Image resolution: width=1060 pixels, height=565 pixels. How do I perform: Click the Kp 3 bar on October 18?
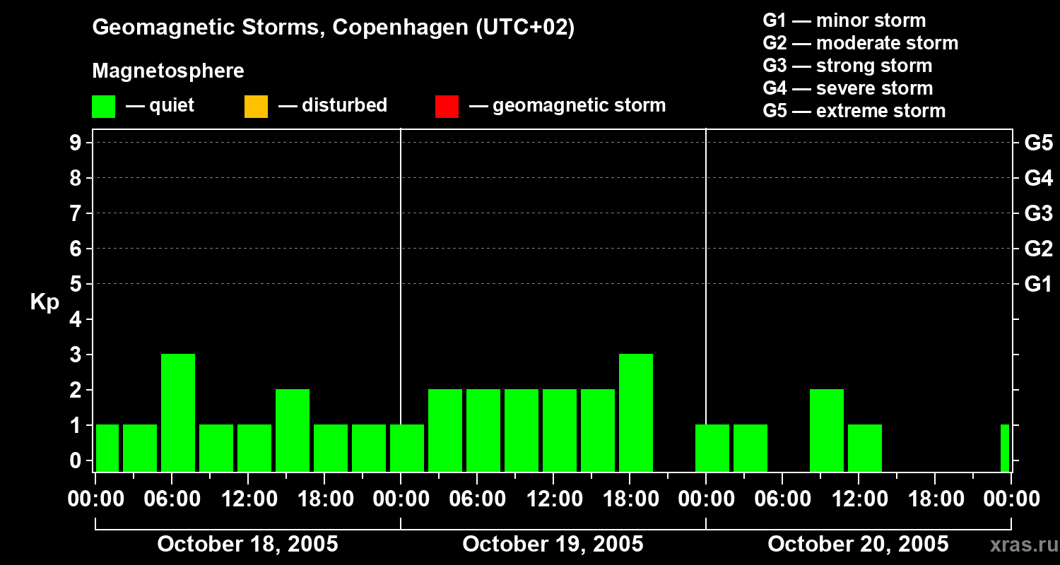point(178,412)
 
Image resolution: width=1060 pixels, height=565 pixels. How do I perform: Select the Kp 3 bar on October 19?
point(636,412)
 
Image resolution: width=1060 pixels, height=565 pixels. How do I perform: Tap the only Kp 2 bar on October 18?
point(293,430)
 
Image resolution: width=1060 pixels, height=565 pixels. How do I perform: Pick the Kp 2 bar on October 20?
point(827,430)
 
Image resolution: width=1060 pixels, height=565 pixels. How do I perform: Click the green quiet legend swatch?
point(104,107)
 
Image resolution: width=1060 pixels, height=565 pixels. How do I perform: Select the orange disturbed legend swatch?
point(256,107)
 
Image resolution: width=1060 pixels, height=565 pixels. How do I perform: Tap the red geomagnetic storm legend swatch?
point(447,107)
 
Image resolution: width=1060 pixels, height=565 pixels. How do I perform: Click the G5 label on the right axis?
point(1038,143)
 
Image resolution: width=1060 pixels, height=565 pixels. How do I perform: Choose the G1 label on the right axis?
point(1038,284)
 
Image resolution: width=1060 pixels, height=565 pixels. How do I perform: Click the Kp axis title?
point(45,302)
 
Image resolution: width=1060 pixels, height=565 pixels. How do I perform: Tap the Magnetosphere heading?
point(168,71)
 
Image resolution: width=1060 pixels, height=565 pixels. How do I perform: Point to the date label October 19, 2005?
point(553,544)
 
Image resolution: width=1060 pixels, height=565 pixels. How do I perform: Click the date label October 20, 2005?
point(858,544)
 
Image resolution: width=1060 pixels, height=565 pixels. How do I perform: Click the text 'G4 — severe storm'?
point(847,88)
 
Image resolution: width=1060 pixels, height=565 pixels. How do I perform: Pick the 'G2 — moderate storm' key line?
point(860,43)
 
